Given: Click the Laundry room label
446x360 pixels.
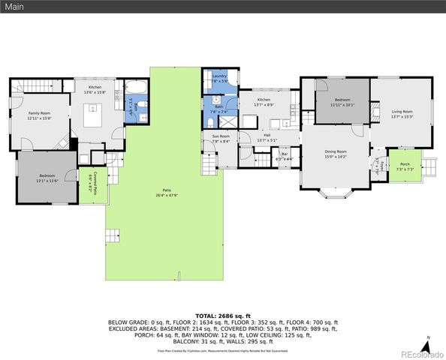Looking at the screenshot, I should pos(219,76).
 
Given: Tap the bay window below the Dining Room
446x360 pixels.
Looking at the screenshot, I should pos(333,197).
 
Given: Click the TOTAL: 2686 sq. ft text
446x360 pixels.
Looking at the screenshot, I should pos(223,316).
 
